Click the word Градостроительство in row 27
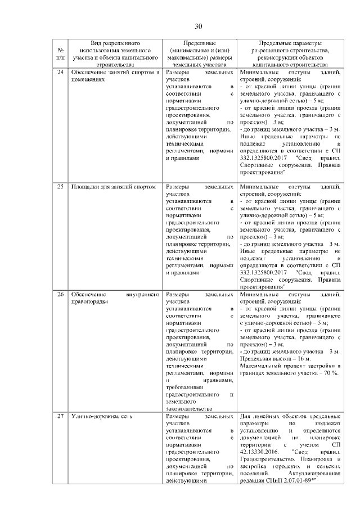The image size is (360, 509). (x=268, y=458)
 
